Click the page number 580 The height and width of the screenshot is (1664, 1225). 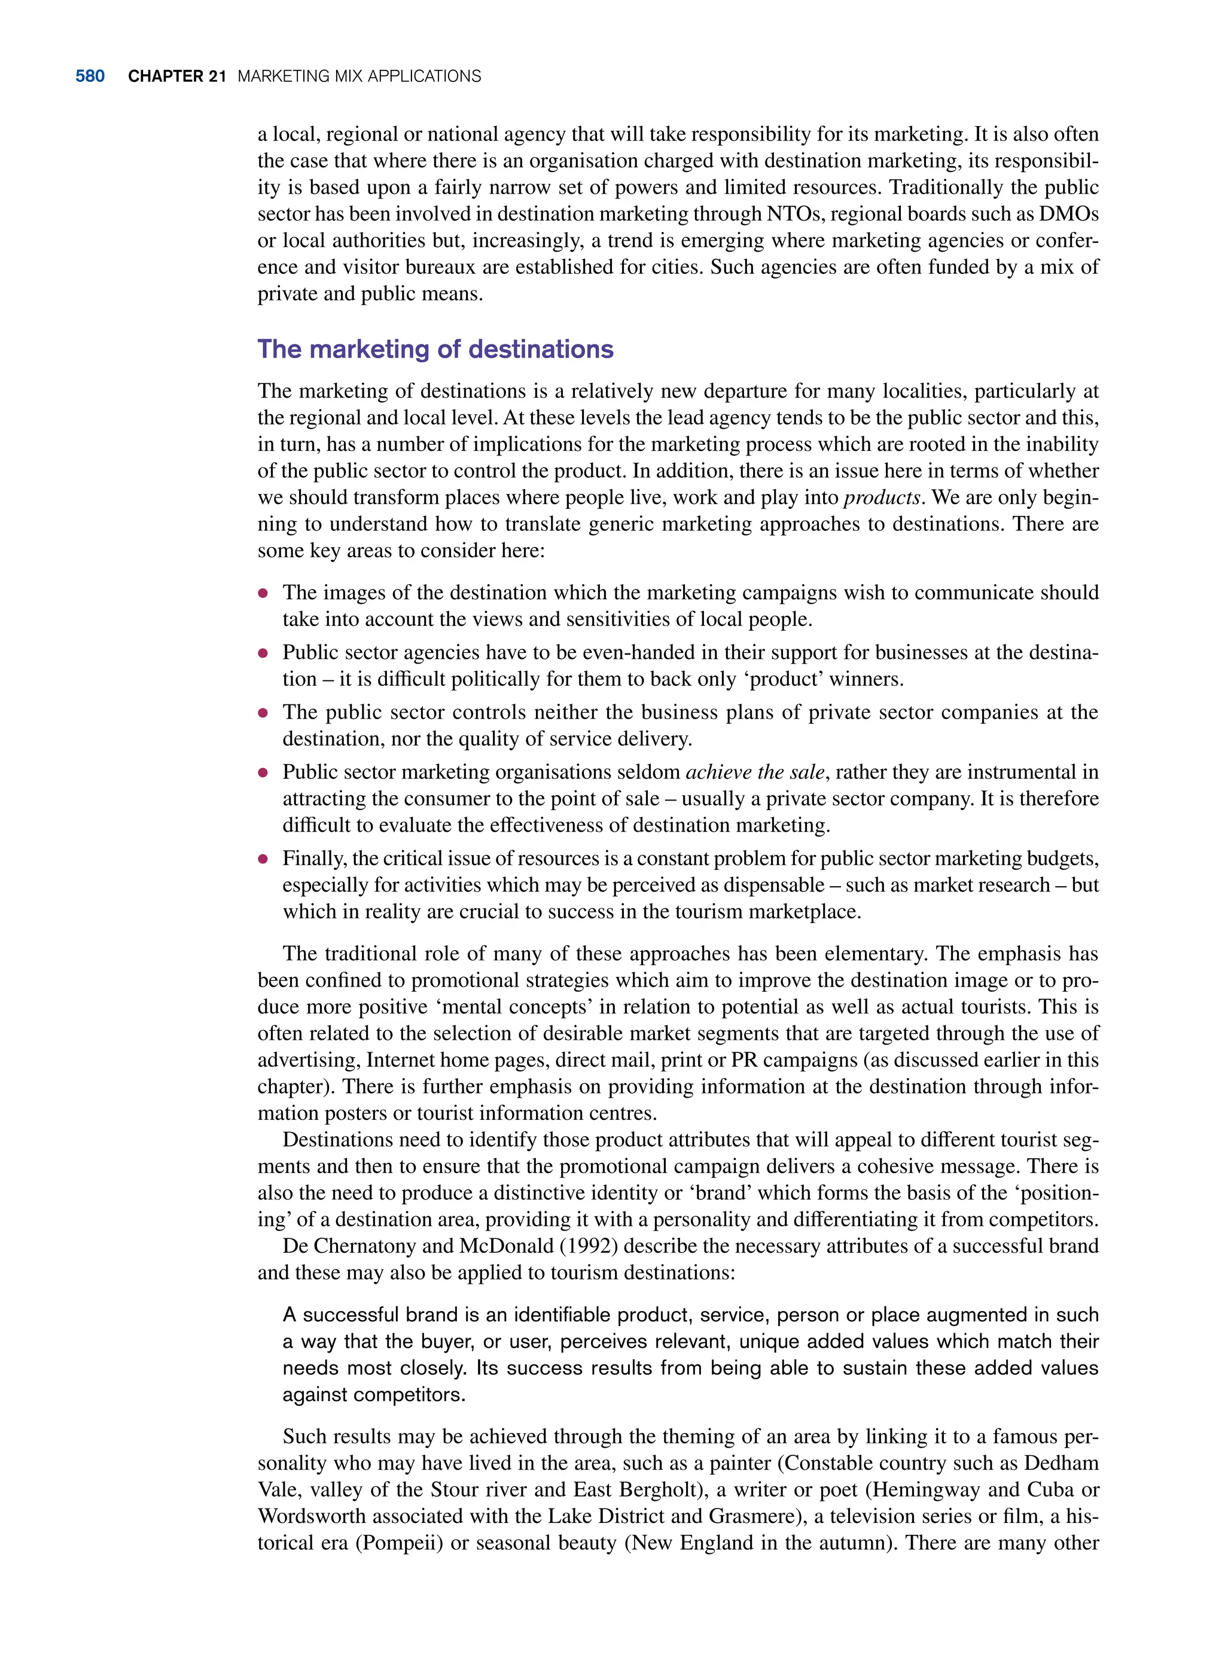(x=90, y=77)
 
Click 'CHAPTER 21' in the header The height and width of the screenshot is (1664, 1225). (x=176, y=77)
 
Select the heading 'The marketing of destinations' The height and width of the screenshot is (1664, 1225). (x=435, y=349)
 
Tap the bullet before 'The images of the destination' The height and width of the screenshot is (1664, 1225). (x=263, y=594)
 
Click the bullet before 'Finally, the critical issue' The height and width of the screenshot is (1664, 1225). (x=263, y=859)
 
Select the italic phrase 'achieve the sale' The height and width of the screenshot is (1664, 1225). (x=754, y=773)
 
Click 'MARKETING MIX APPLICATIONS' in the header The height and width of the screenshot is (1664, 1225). (x=359, y=77)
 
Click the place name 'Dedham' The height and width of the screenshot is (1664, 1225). (x=1061, y=1463)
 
